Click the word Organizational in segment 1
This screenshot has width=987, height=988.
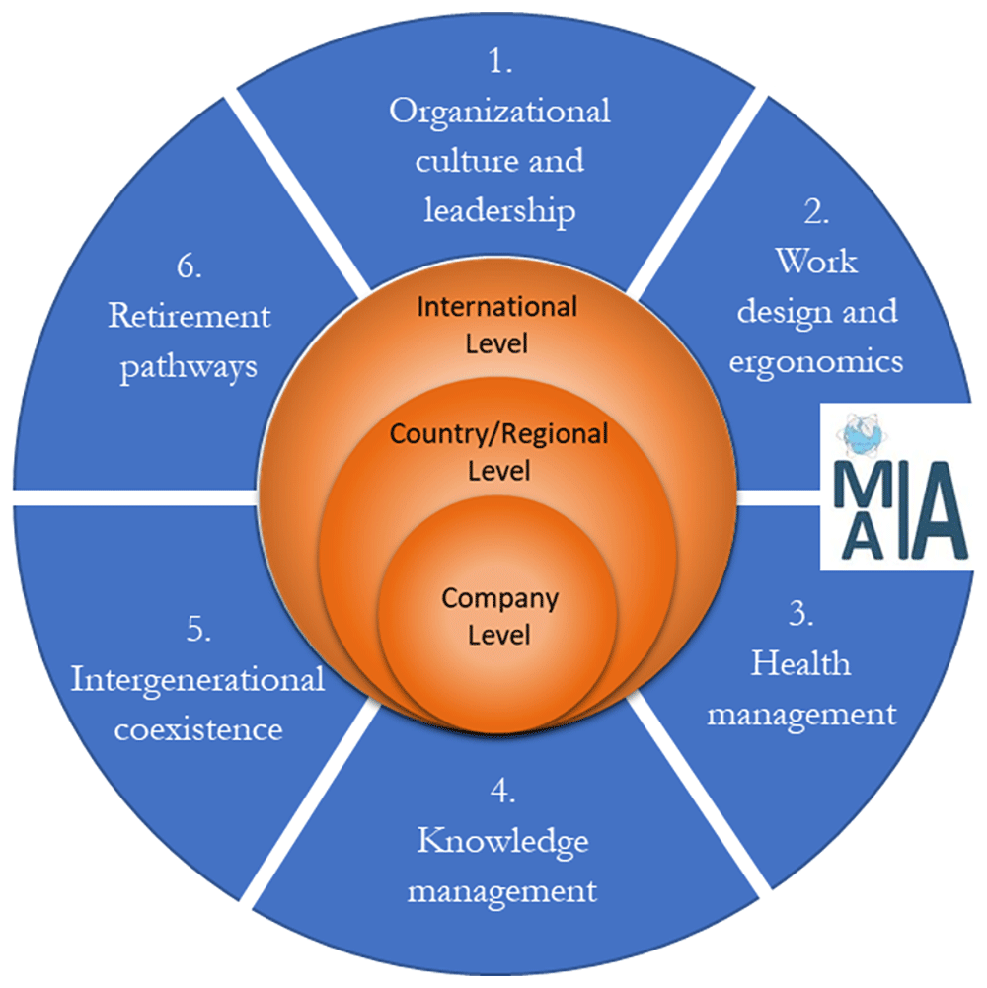pos(499,112)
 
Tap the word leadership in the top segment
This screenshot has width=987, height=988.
pos(499,210)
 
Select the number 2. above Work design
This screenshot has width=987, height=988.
pos(815,213)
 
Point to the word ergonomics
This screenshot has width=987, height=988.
pos(815,361)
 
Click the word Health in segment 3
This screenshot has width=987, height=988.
pos(800,662)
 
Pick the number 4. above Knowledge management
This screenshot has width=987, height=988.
pos(502,792)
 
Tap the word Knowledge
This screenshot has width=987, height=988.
pos(502,842)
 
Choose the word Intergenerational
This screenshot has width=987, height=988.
pos(198,680)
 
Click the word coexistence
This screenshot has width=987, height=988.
pos(198,730)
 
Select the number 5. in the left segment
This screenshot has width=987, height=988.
pos(198,631)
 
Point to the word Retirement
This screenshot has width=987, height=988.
pos(189,317)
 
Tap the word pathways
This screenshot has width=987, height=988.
pos(189,366)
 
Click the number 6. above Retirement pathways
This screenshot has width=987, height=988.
pos(189,266)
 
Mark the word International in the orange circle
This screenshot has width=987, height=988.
pos(497,307)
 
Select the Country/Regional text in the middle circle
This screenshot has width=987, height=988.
pos(498,433)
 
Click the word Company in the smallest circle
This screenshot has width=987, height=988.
pos(499,597)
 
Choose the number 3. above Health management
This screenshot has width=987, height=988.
pos(800,613)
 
